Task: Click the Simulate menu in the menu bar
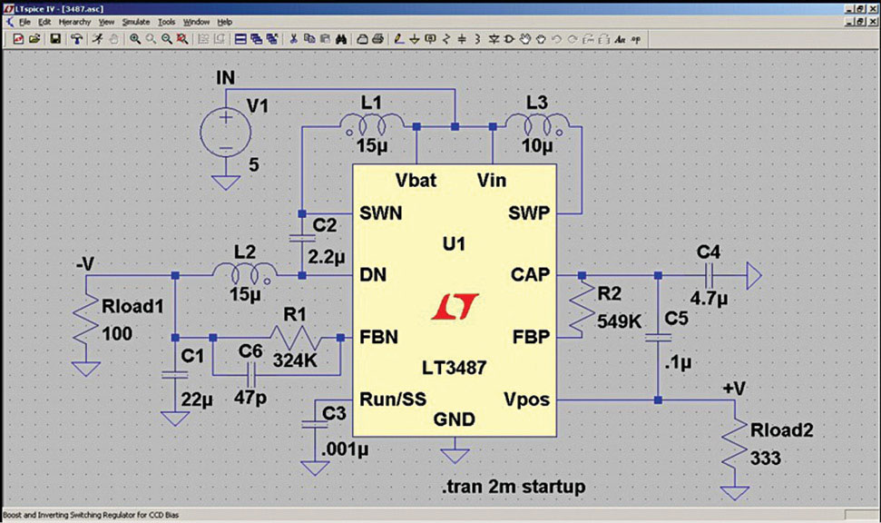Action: (135, 21)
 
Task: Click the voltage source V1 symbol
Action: (225, 133)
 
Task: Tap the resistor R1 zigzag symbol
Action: (297, 339)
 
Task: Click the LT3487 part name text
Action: (452, 369)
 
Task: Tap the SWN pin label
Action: (380, 213)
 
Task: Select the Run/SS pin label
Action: (393, 399)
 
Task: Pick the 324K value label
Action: (294, 360)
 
